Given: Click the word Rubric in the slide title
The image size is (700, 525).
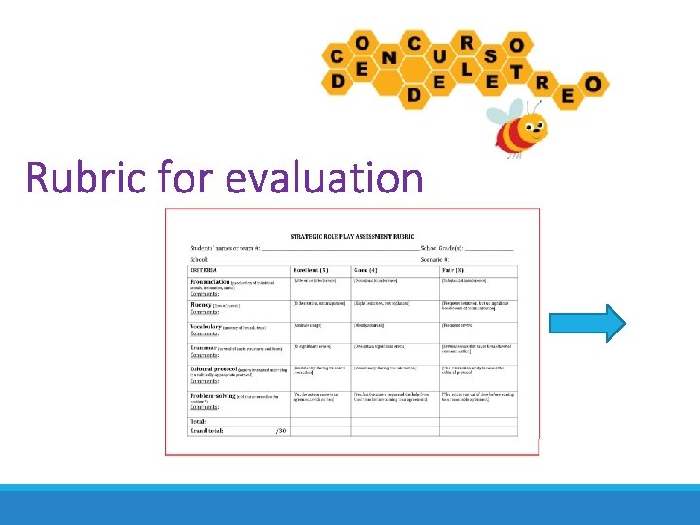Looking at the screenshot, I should [x=83, y=178].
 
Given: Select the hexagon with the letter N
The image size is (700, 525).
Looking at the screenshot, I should [x=389, y=56].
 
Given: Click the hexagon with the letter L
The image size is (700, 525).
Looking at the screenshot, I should [x=468, y=70].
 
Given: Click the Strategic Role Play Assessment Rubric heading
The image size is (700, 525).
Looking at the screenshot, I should [x=352, y=235].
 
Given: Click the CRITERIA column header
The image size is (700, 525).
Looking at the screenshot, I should [x=204, y=269].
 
